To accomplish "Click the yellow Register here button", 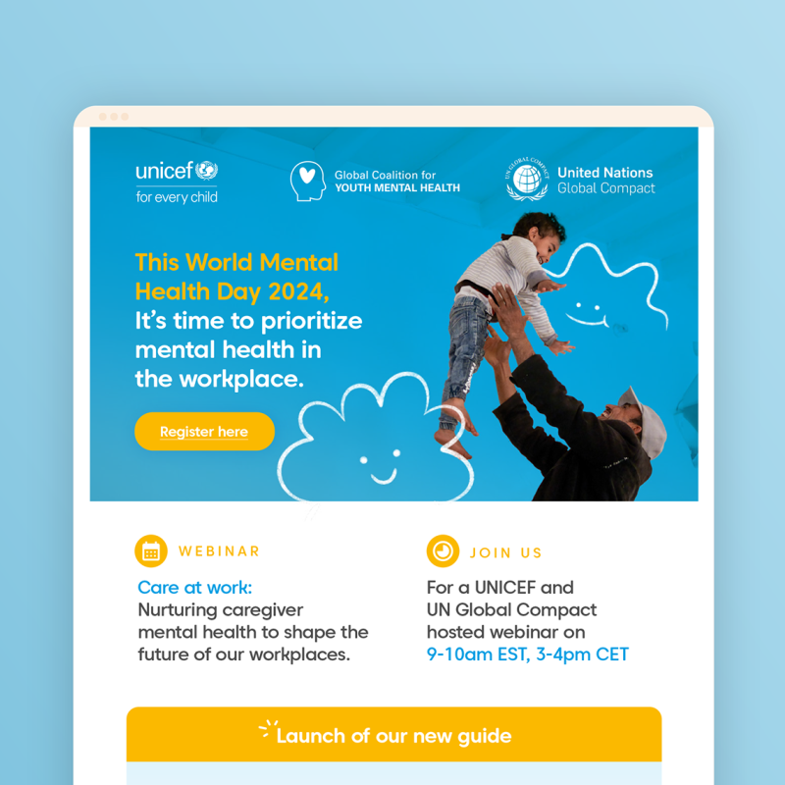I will [204, 432].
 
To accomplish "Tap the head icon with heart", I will [307, 182].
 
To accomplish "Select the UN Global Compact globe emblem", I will [528, 180].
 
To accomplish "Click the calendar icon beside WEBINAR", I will [151, 551].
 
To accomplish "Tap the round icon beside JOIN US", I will [443, 551].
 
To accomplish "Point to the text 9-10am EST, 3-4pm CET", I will [528, 654].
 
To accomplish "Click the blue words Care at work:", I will [194, 588].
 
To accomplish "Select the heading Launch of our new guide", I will [393, 735].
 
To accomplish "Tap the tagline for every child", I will [177, 196].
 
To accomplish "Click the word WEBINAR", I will [219, 551].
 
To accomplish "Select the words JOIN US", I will [506, 552].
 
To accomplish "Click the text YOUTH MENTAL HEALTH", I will [396, 188].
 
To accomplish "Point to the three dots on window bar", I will [114, 117].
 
